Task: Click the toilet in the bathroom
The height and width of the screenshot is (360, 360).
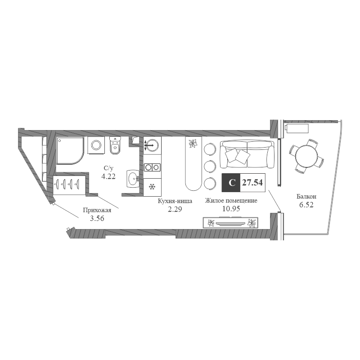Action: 115,145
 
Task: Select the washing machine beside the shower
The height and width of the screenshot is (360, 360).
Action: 96,145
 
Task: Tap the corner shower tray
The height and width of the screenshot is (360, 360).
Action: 70,151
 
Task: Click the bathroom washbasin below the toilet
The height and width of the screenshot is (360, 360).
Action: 133,179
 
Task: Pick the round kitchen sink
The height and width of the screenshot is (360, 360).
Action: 152,145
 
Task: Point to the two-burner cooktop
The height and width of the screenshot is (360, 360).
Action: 152,167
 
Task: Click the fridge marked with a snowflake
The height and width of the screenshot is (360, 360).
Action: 152,187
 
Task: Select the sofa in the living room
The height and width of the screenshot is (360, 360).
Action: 247,154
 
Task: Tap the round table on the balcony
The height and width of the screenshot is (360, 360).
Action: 307,156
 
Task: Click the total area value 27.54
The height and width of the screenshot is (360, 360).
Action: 252,183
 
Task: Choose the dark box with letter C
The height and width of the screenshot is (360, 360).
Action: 231,183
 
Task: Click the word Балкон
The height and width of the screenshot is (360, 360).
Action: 306,197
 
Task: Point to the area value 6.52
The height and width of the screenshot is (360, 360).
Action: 306,205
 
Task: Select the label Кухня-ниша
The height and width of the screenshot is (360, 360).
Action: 175,201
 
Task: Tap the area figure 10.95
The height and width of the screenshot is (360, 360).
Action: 231,209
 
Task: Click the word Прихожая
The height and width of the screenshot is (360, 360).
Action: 97,210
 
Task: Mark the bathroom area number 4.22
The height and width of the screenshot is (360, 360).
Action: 108,176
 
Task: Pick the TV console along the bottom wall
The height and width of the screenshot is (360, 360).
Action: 230,223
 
